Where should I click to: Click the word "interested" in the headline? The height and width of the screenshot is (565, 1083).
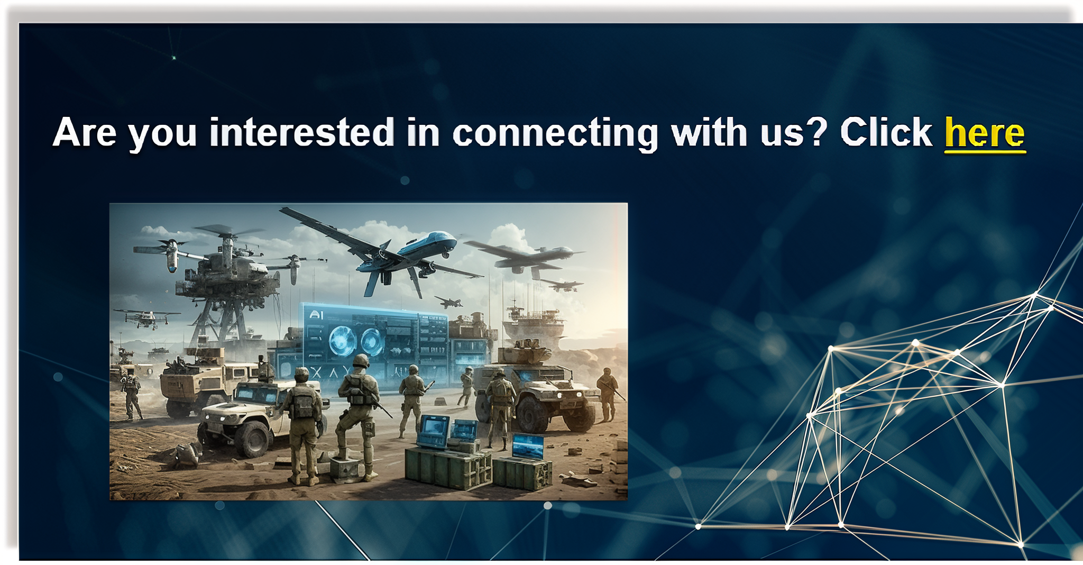(x=301, y=132)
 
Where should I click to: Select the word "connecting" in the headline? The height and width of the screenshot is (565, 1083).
(x=555, y=134)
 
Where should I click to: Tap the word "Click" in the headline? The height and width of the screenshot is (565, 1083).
(x=886, y=132)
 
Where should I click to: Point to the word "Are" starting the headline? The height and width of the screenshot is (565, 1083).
(x=85, y=132)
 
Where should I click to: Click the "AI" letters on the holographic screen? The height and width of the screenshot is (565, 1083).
(x=316, y=315)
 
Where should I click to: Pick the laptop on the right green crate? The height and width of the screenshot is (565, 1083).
(x=527, y=446)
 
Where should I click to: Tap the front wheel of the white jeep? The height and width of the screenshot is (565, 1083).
(x=254, y=439)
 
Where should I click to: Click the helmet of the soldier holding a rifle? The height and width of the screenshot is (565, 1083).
(x=361, y=361)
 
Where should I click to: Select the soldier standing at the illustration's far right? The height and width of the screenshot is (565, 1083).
(x=608, y=394)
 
